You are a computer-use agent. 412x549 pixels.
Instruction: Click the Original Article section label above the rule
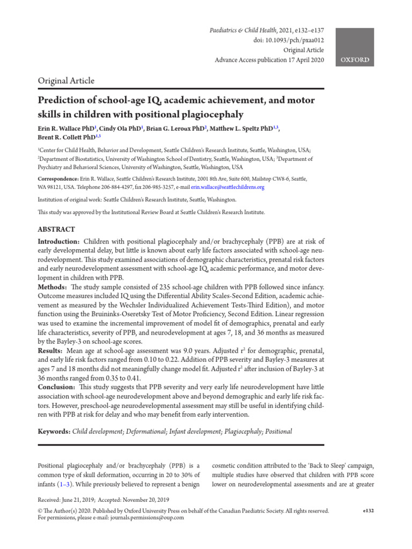click(66, 80)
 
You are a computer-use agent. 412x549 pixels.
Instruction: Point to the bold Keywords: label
click(54, 432)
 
